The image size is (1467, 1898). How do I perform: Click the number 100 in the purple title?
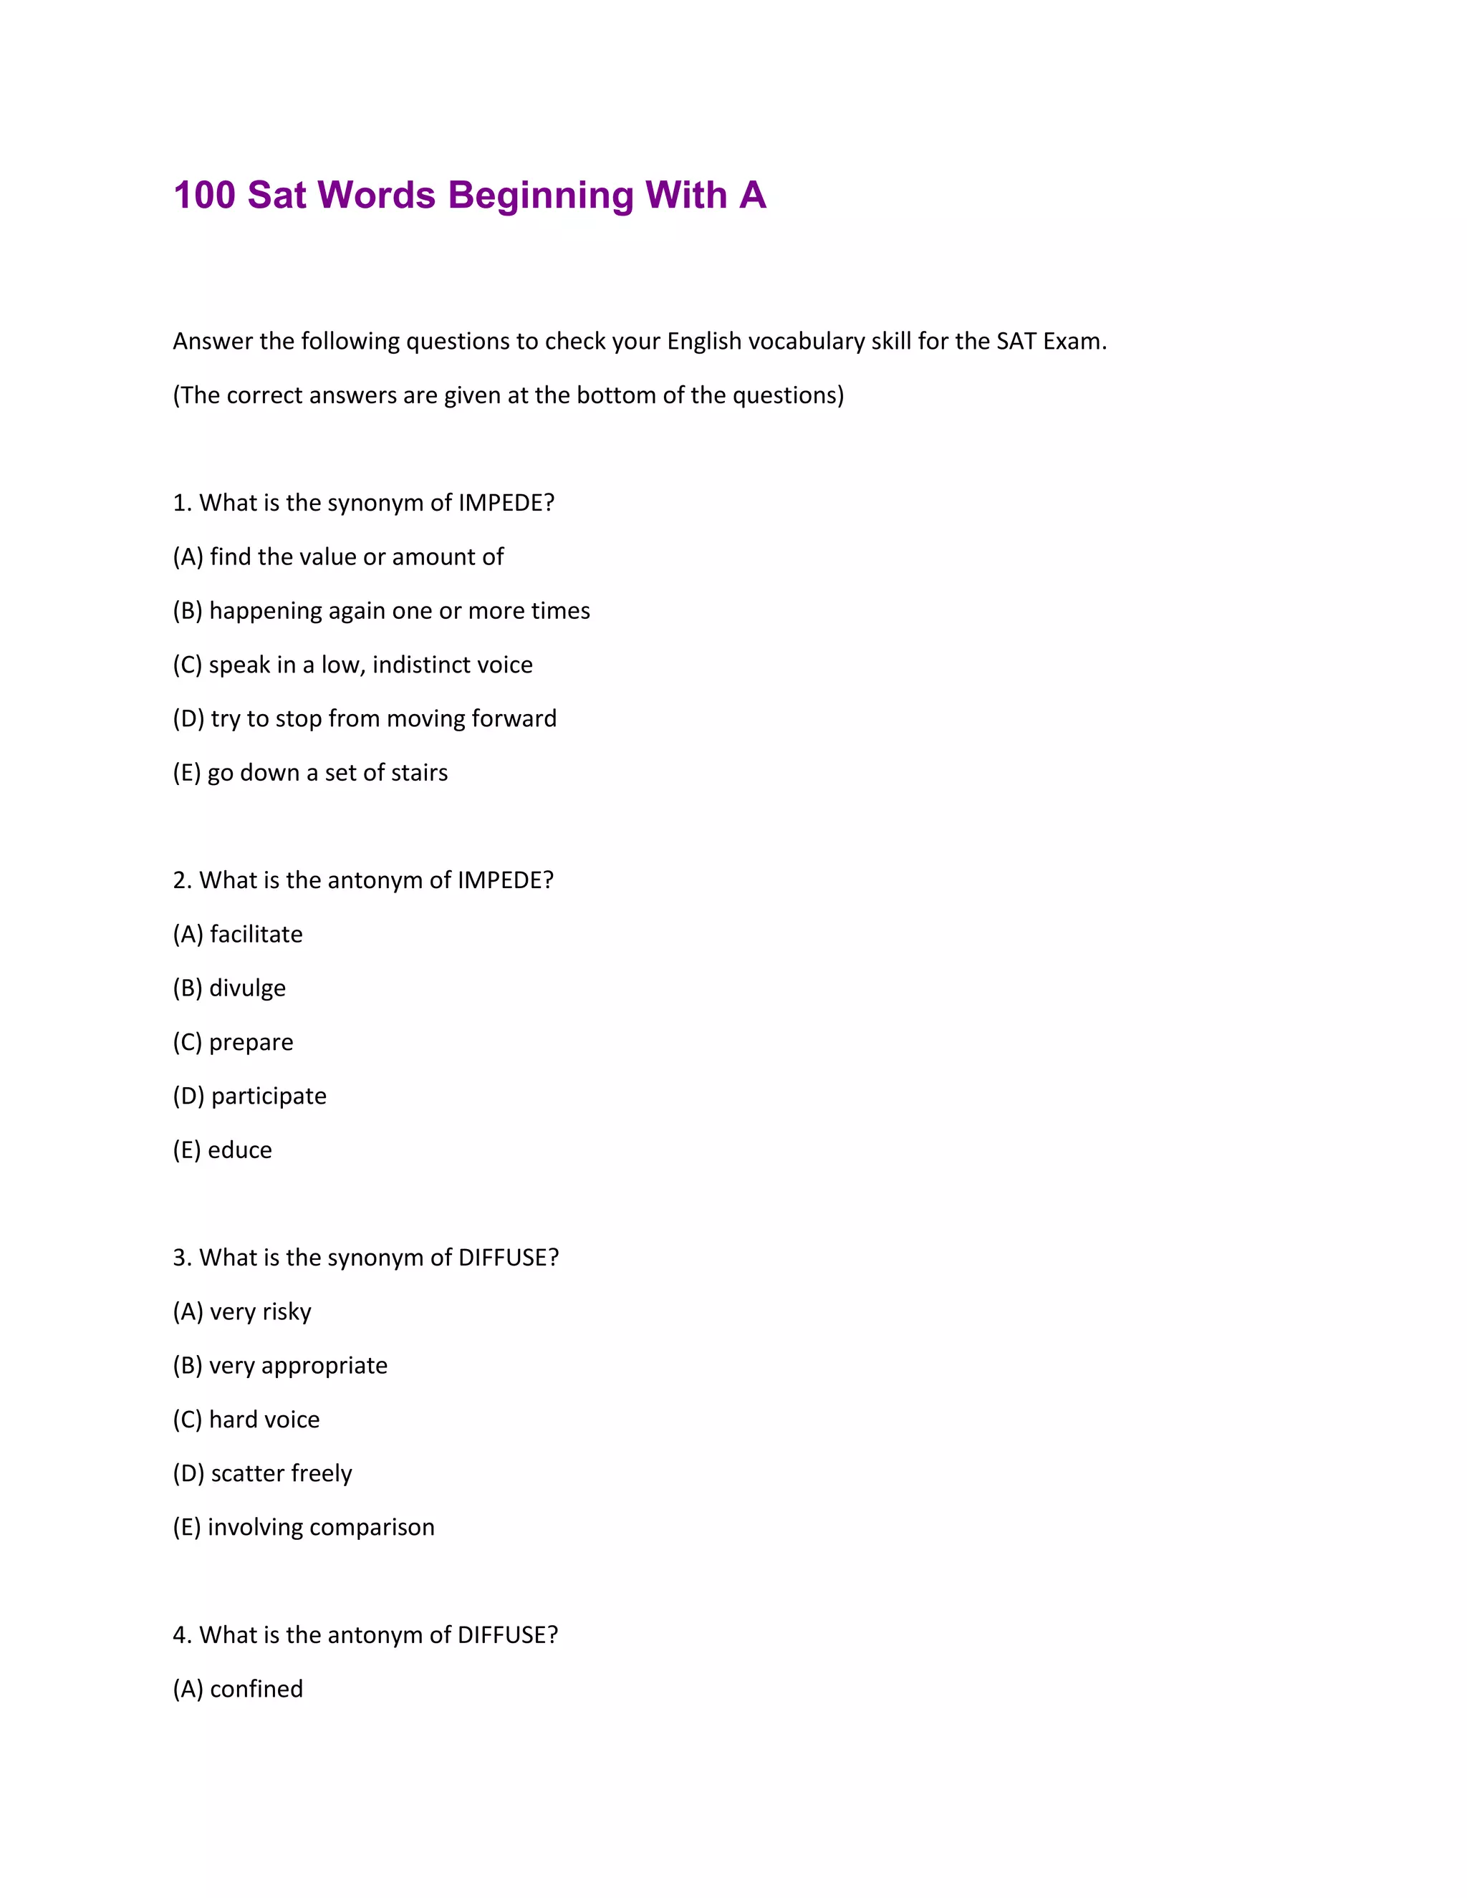tap(204, 196)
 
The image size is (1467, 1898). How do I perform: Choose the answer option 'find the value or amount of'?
tap(356, 557)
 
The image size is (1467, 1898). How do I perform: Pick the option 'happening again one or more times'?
tap(399, 611)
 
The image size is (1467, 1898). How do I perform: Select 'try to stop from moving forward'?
tap(383, 718)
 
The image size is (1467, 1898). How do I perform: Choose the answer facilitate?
tap(256, 934)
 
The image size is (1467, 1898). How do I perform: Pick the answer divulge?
tap(247, 988)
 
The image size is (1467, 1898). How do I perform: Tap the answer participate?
tap(269, 1096)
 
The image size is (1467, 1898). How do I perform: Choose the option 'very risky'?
tap(260, 1311)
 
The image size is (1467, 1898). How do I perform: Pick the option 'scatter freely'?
tap(282, 1473)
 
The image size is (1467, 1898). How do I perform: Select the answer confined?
tap(256, 1689)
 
